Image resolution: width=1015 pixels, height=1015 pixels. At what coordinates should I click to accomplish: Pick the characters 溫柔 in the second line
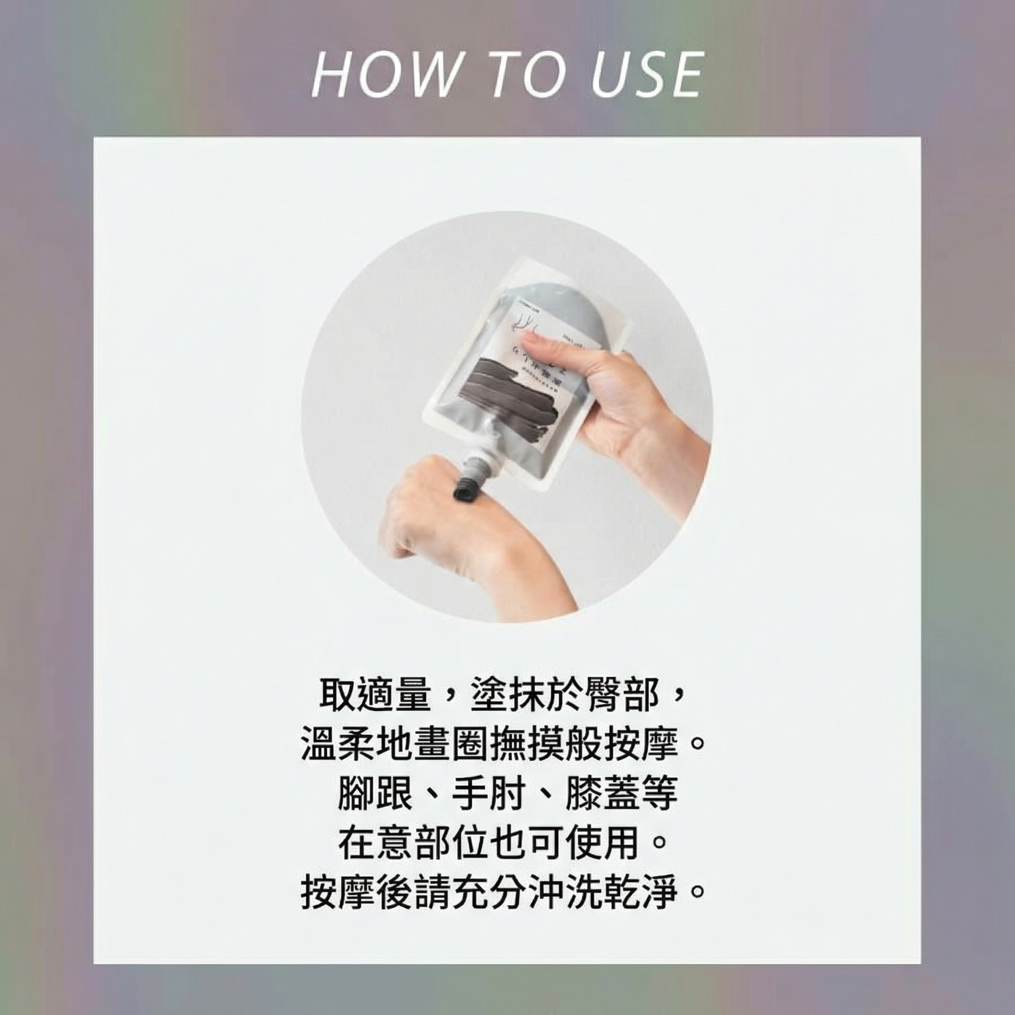click(339, 745)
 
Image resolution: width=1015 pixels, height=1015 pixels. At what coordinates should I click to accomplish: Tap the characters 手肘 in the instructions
click(489, 794)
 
